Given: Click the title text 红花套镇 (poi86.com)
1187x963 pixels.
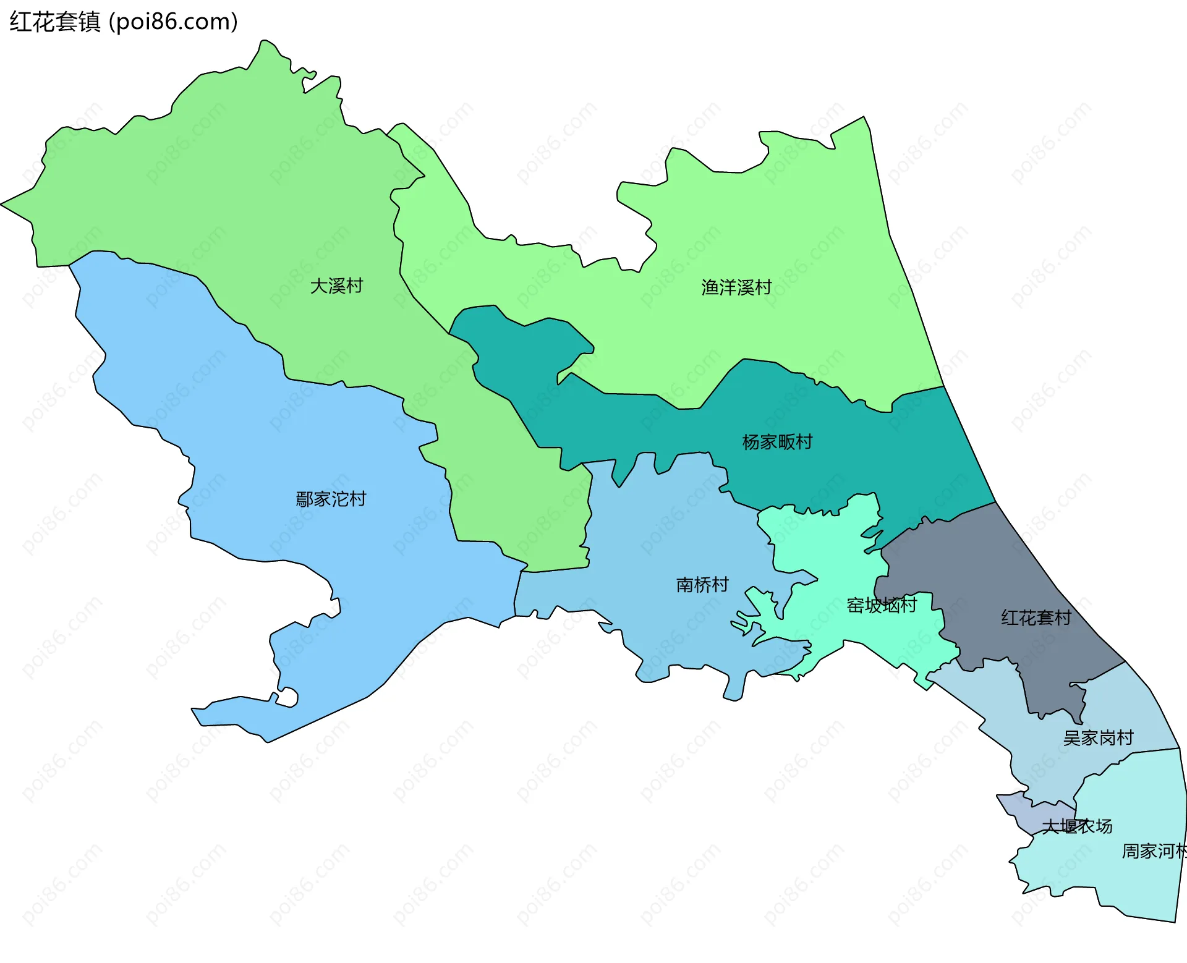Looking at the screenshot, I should click(x=124, y=22).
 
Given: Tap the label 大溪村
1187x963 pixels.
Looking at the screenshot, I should click(x=336, y=286).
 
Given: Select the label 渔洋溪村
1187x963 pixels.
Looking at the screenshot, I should click(x=736, y=287).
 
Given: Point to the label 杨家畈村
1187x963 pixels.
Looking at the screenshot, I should click(x=777, y=442).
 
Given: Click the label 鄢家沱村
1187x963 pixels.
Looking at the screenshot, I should click(x=331, y=499).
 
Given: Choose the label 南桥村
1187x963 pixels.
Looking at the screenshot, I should click(x=702, y=585).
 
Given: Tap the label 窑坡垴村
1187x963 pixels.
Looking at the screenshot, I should click(x=882, y=605).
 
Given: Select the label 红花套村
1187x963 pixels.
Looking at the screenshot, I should click(x=1036, y=617).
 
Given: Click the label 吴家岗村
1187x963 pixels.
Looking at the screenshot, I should click(x=1098, y=738).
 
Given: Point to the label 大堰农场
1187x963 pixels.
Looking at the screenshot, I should click(x=1077, y=826).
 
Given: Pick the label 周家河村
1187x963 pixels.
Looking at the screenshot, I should click(x=1154, y=851).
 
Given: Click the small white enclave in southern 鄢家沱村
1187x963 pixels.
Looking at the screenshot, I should click(x=288, y=698).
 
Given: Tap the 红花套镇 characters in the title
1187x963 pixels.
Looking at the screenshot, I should click(x=54, y=22).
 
